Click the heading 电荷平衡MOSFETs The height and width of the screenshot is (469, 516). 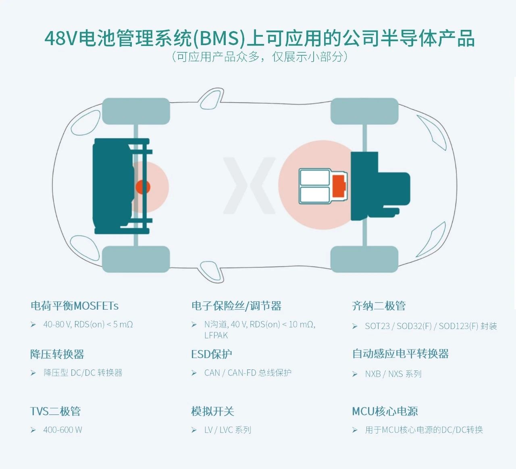(75, 306)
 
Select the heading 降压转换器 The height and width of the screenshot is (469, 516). (57, 354)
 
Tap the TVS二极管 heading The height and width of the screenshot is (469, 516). (56, 411)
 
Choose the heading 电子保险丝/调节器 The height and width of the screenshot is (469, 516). (236, 306)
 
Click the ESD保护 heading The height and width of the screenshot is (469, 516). (212, 354)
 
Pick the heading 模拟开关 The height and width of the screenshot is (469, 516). (212, 411)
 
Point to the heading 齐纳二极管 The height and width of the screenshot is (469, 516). (379, 306)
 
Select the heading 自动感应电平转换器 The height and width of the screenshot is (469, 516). (400, 354)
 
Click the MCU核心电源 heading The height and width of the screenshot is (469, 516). (385, 411)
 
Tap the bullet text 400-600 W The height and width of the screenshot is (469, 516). (62, 430)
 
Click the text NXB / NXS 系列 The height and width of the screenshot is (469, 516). (393, 374)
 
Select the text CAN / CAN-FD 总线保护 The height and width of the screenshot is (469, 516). (248, 373)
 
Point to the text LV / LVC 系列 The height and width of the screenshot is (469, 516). (228, 430)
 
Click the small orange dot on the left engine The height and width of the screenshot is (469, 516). (143, 187)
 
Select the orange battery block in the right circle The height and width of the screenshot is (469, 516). (339, 186)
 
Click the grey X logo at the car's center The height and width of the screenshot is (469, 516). (250, 186)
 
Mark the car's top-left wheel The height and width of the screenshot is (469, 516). (136, 111)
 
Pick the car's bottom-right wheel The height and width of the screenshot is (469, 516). (364, 259)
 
